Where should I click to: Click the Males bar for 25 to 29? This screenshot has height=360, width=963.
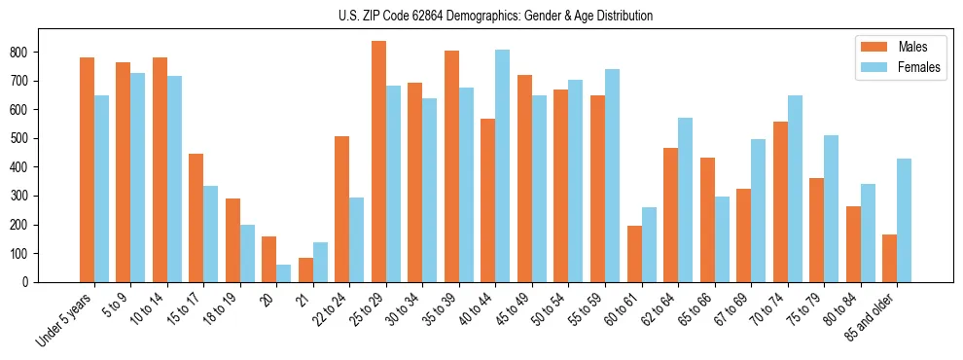(378, 162)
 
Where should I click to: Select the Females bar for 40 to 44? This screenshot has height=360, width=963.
(502, 166)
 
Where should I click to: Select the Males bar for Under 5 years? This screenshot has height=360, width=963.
(87, 170)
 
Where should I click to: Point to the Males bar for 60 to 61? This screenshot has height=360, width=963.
(634, 254)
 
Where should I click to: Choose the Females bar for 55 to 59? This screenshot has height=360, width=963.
(612, 176)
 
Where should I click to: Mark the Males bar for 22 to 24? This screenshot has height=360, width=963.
(341, 209)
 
